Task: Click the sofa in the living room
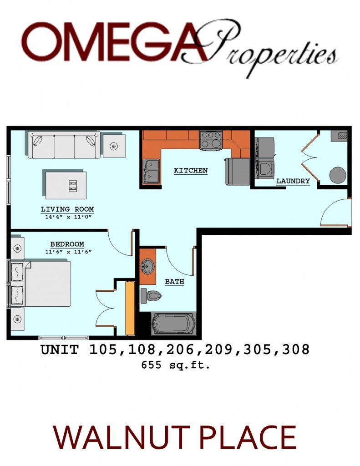[64, 145]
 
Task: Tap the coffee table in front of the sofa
[66, 184]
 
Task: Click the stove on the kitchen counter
[211, 140]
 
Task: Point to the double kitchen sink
[151, 171]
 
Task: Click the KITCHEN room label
[191, 171]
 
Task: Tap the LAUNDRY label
[293, 181]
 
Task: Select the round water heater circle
[338, 174]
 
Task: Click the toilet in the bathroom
[151, 296]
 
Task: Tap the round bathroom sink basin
[148, 265]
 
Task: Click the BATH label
[174, 282]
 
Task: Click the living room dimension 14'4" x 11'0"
[67, 217]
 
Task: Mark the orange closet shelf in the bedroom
[130, 308]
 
